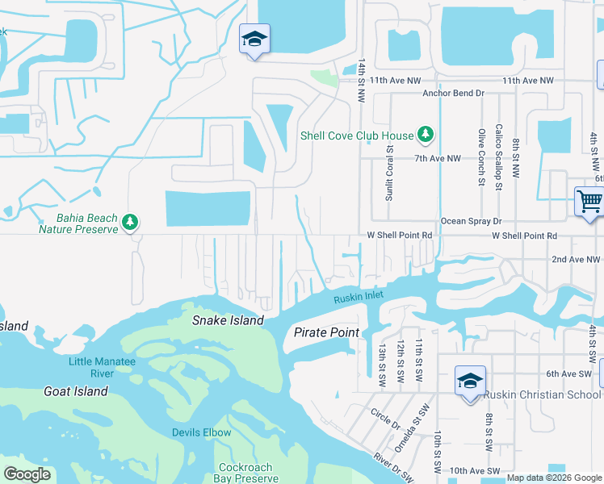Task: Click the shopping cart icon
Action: [589, 201]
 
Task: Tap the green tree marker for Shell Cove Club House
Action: [426, 136]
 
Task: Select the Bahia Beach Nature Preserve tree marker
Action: [129, 222]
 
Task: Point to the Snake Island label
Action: [228, 320]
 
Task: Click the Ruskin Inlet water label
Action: [359, 298]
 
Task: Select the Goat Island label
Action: [75, 391]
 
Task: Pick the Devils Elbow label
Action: [201, 432]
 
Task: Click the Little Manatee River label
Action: [102, 367]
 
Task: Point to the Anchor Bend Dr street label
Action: [453, 93]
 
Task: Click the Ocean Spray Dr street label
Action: [471, 220]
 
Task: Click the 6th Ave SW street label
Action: [568, 373]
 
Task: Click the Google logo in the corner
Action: [26, 474]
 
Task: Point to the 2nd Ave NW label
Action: [576, 259]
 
